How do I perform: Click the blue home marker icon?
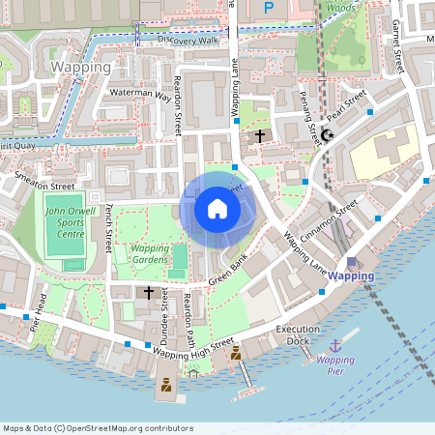(217, 208)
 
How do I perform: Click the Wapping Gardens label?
(150, 253)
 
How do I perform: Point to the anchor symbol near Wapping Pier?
(335, 345)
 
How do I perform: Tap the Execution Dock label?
(298, 335)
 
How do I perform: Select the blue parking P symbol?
(269, 7)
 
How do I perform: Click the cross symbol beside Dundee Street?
(149, 291)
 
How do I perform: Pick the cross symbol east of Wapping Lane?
(260, 136)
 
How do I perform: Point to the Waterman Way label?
(140, 95)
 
